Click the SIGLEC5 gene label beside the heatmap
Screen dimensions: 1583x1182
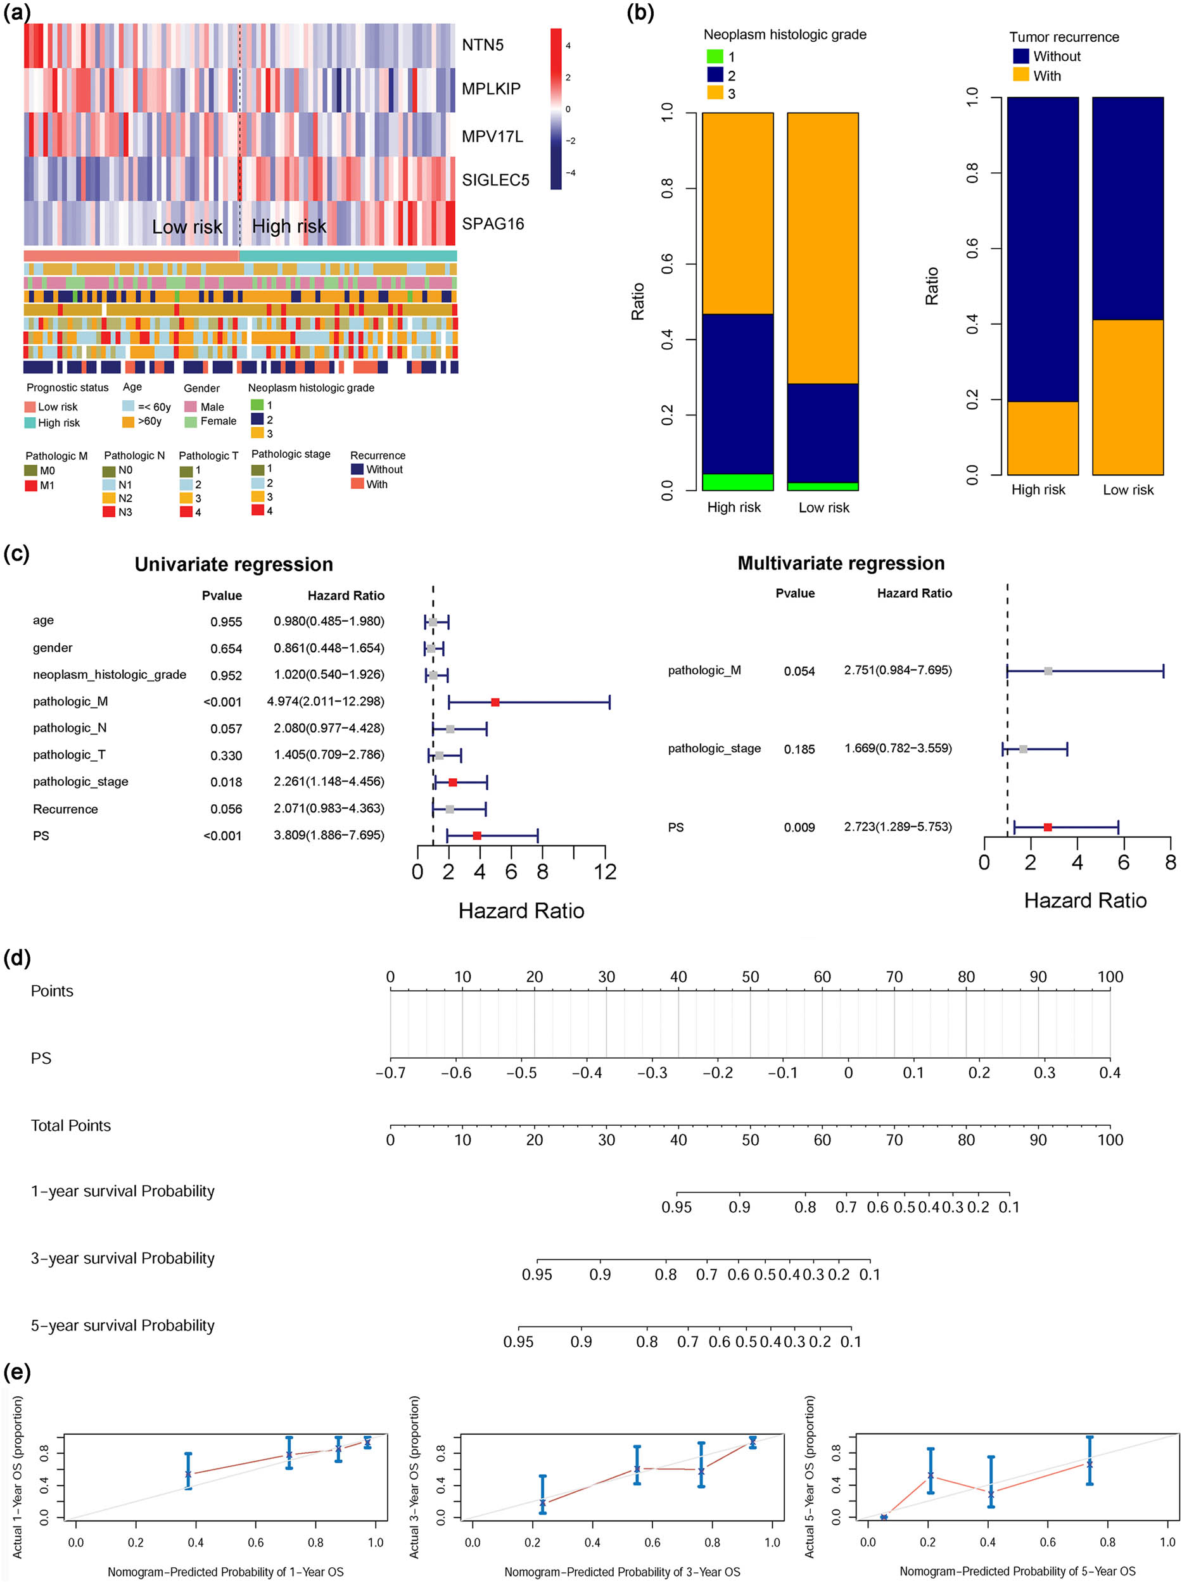coord(495,180)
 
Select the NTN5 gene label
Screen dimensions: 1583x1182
coord(482,45)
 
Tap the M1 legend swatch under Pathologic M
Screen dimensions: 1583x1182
coord(31,486)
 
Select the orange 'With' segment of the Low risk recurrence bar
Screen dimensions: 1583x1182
coord(1128,397)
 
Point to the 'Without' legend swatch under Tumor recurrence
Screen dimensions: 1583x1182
coord(1021,56)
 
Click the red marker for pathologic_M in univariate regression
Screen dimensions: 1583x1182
coord(495,702)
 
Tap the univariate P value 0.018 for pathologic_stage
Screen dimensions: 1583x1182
coord(226,783)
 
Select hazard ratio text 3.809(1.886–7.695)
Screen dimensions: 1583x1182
coord(328,835)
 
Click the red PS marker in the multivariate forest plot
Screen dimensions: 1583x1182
coord(1048,828)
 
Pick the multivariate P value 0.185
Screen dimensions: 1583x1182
coord(799,750)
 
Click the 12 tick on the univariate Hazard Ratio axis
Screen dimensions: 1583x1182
coord(606,872)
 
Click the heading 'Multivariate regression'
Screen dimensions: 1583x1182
coord(841,564)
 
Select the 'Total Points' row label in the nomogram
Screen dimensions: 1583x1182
coord(71,1126)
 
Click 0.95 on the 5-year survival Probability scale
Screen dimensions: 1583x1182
coord(518,1342)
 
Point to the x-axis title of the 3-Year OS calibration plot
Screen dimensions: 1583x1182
coord(622,1572)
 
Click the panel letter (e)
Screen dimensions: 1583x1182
coord(17,1372)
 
